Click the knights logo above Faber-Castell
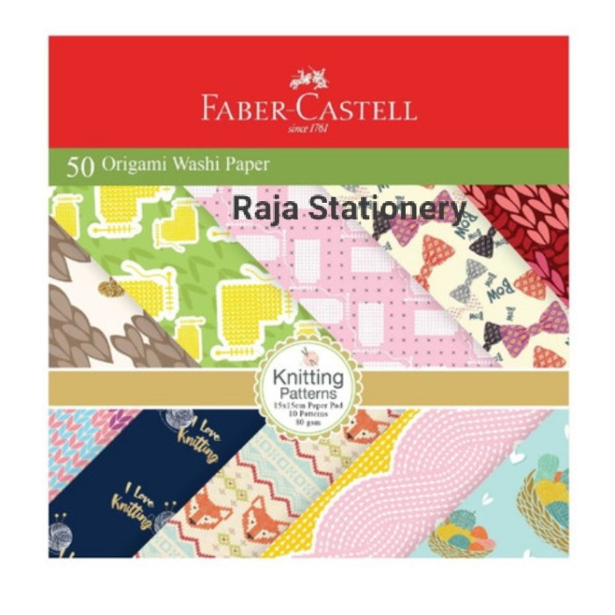(309, 79)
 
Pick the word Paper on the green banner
(247, 164)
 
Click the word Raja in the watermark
(259, 208)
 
